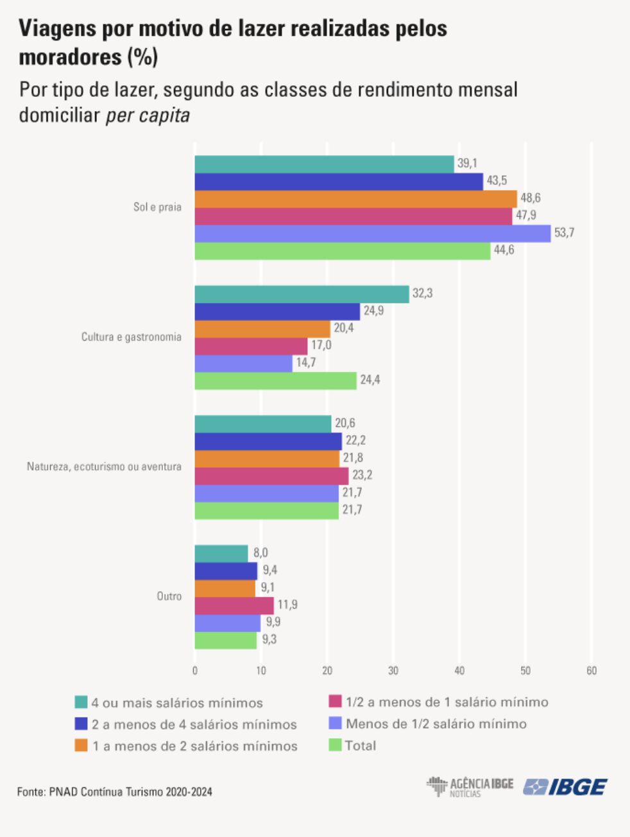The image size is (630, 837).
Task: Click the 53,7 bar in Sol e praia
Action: (372, 234)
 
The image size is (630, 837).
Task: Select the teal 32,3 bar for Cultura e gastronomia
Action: (302, 294)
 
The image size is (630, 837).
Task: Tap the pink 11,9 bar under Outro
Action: (234, 605)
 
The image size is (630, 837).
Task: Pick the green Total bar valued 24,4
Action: (275, 381)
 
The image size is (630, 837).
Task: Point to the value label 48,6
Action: (530, 198)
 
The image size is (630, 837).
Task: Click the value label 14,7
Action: (305, 363)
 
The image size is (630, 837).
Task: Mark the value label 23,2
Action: (362, 475)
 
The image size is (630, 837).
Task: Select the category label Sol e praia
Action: (157, 207)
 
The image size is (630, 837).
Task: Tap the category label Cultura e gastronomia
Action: (131, 337)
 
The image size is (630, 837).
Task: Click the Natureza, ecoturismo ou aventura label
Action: (104, 467)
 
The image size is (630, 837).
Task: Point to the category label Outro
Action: (169, 596)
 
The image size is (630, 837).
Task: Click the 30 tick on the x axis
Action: (393, 671)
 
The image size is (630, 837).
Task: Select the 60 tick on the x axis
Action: (592, 671)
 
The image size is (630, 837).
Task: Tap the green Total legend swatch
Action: (334, 745)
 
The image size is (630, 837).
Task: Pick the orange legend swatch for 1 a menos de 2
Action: (81, 746)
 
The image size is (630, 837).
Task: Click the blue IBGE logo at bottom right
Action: (565, 787)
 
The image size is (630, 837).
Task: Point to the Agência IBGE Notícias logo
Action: (470, 787)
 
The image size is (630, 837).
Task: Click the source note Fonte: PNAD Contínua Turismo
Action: (115, 792)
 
